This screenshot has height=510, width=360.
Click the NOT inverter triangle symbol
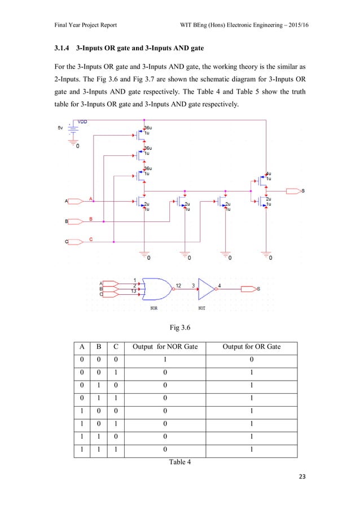[x=207, y=289]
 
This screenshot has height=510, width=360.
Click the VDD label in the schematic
[x=82, y=121]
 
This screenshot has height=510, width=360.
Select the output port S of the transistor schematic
[x=295, y=191]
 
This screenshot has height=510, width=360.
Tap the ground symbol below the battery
[x=72, y=141]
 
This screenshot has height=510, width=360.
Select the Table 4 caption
[x=179, y=463]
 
